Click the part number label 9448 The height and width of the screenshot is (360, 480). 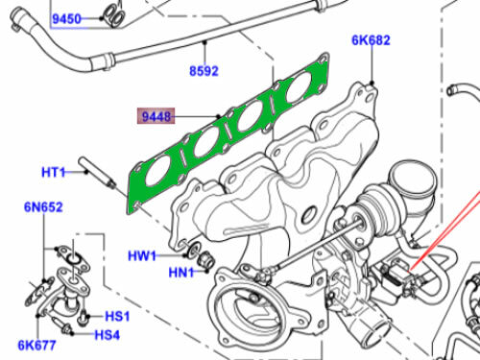click(156, 118)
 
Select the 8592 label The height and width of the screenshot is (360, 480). click(203, 70)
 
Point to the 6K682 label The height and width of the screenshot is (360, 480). click(371, 41)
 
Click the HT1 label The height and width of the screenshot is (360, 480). click(54, 173)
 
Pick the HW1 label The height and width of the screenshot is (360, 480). click(143, 255)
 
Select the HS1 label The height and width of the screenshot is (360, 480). click(117, 315)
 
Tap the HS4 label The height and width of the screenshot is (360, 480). click(107, 334)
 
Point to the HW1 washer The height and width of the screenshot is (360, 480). click(189, 252)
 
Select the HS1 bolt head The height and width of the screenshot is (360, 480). click(85, 316)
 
